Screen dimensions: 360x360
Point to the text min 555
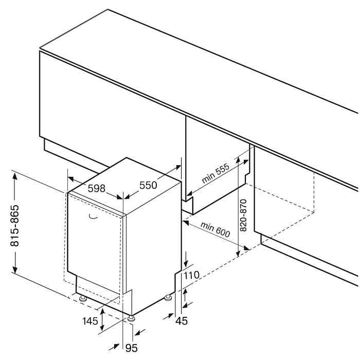pyautogui.click(x=215, y=176)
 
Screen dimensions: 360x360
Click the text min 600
pyautogui.click(x=215, y=230)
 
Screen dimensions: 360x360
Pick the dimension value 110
pyautogui.click(x=191, y=276)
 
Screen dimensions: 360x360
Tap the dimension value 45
pyautogui.click(x=181, y=321)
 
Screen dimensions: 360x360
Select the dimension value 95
pyautogui.click(x=132, y=348)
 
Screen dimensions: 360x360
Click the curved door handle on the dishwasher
pyautogui.click(x=93, y=217)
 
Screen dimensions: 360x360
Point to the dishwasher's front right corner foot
pyautogui.click(x=133, y=318)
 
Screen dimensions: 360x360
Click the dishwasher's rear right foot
pyautogui.click(x=168, y=297)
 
